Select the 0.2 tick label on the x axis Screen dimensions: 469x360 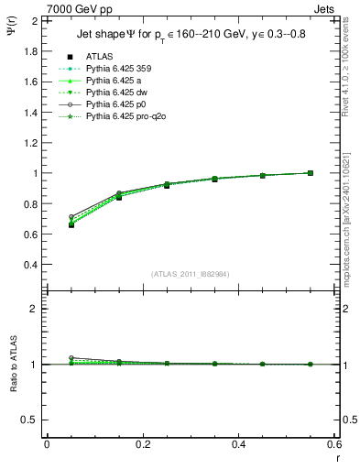(142, 444)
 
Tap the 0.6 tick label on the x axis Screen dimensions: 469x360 (333, 444)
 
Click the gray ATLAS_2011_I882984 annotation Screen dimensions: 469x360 (190, 274)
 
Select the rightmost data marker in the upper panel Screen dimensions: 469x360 (311, 173)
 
